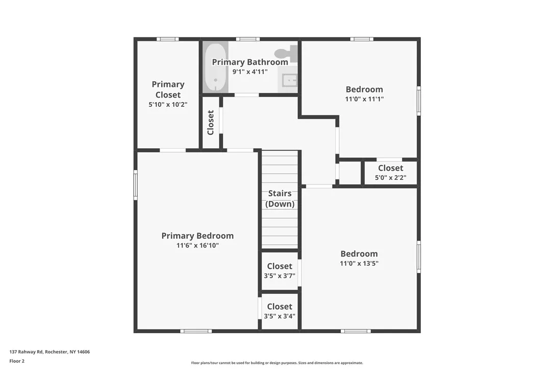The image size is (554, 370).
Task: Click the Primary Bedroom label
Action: point(197,236)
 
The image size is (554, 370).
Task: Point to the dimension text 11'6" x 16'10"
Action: point(197,245)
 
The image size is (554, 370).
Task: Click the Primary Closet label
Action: point(168,89)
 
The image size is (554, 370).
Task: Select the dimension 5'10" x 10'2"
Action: point(168,104)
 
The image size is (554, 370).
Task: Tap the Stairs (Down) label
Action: point(280,199)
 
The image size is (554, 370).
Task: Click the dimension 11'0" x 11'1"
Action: point(364,99)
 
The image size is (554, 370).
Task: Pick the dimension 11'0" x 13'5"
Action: point(359,264)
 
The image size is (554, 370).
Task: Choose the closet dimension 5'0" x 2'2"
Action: point(390,178)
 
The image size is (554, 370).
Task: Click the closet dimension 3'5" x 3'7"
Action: point(280,276)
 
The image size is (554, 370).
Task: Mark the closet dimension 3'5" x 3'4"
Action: point(280,316)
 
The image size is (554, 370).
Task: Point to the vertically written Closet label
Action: point(211,123)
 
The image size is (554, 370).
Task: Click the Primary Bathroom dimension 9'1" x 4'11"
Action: point(250,72)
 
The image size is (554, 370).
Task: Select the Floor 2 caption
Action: point(17,361)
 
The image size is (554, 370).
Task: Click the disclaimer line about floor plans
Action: point(277,363)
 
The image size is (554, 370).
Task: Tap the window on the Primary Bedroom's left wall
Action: point(136,184)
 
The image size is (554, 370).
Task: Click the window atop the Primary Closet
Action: point(167,39)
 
